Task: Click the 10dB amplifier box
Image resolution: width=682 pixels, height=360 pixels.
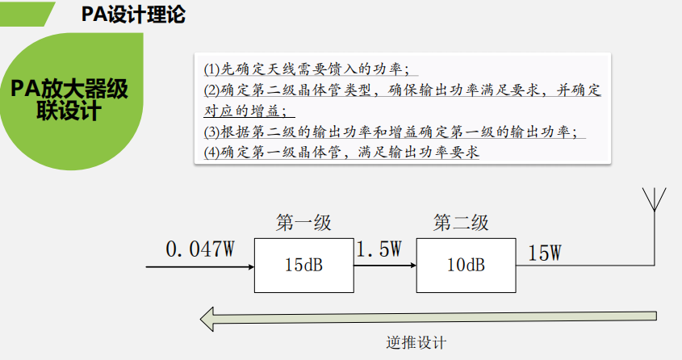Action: coord(466,265)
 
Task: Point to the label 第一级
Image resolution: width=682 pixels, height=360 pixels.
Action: coord(303,223)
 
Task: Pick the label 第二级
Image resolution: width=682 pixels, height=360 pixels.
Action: coord(461,223)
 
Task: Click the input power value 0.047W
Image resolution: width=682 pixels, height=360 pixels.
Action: coord(199,249)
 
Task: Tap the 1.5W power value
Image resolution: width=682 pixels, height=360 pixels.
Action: coord(379,249)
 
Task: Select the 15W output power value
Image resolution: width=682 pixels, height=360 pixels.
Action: coord(545,253)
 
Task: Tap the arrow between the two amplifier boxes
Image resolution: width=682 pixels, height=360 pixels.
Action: coord(385,265)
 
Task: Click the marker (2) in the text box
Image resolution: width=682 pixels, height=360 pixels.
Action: coord(211,90)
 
